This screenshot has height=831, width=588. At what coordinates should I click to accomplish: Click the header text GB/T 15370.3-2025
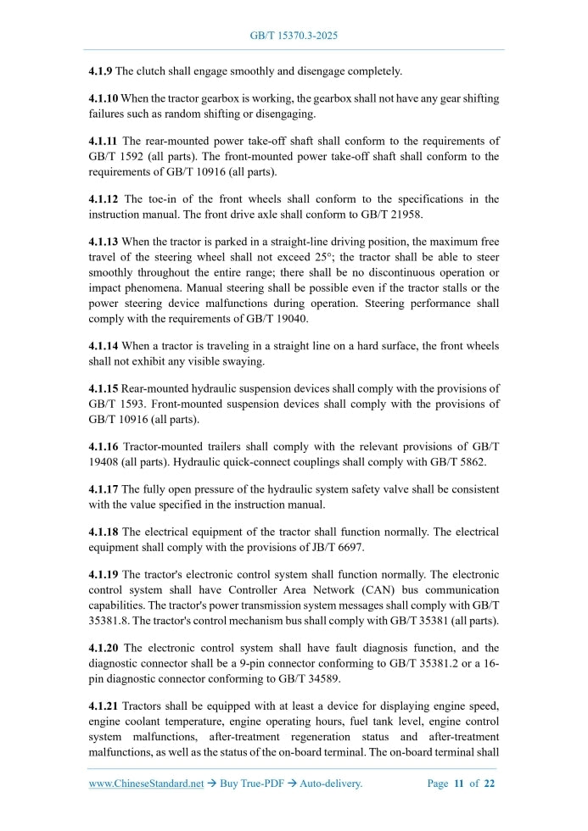click(x=294, y=36)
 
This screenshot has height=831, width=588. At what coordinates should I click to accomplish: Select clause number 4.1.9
click(x=101, y=70)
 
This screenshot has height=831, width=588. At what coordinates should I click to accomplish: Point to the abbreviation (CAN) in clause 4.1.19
click(x=355, y=589)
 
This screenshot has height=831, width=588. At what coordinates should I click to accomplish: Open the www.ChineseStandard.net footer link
click(x=146, y=784)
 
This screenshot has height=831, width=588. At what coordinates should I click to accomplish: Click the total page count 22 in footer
click(x=489, y=784)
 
